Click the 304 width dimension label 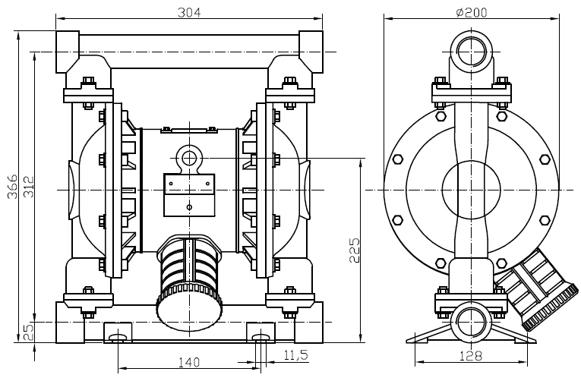point(189,13)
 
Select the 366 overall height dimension point(13,186)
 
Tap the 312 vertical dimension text point(29,187)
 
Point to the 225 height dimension point(354,250)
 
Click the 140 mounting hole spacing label point(188,362)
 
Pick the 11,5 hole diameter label point(295,355)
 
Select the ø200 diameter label point(472,13)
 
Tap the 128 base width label point(471,356)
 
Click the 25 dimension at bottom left point(29,332)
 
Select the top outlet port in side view point(472,52)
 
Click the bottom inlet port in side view point(472,322)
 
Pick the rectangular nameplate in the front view point(189,184)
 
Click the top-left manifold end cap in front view point(68,52)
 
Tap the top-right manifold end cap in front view point(311,52)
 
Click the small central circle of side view point(472,190)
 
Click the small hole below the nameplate point(189,207)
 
